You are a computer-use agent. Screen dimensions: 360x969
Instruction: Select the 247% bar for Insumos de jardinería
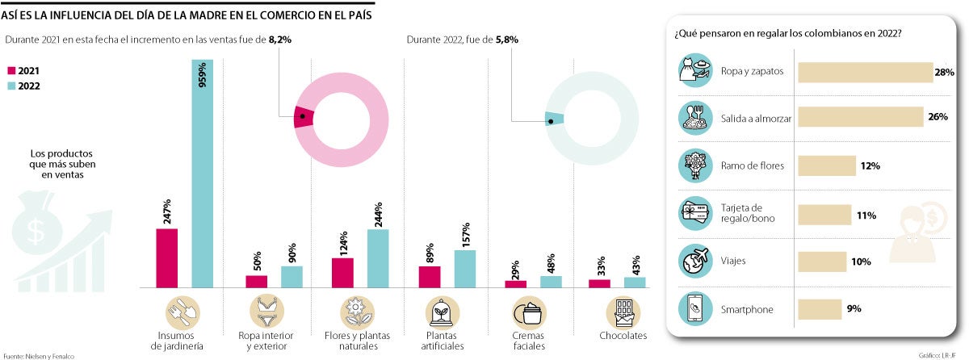166,257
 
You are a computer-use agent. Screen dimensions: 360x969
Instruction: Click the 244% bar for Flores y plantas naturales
378,257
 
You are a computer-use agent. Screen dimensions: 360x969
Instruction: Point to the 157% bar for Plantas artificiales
465,268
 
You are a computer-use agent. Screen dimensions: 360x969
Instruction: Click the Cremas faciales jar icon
529,312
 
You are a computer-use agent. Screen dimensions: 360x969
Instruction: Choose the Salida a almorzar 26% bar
860,118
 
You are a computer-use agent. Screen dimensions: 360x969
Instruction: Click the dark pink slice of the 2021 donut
303,117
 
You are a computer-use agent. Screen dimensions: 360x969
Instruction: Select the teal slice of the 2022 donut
554,119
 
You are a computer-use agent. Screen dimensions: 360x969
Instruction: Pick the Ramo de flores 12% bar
826,166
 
